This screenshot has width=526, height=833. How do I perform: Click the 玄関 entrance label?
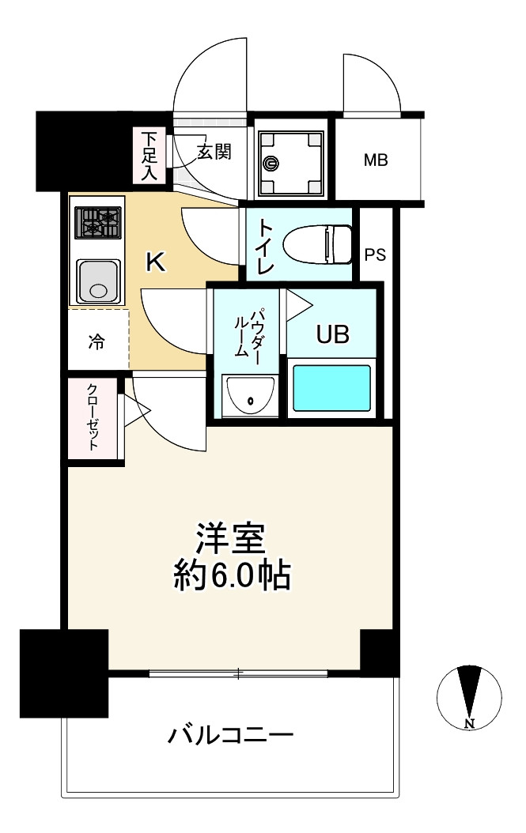click(214, 152)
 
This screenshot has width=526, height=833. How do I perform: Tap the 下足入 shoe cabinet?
click(149, 156)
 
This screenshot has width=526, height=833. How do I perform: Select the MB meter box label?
click(376, 160)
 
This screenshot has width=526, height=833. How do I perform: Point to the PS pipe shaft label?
click(376, 254)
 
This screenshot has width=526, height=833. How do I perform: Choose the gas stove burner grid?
click(99, 222)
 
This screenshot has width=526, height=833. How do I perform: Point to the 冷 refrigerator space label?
click(96, 341)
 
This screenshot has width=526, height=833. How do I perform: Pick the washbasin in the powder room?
click(249, 395)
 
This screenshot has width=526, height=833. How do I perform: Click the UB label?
click(332, 335)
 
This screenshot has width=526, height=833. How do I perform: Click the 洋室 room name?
click(232, 540)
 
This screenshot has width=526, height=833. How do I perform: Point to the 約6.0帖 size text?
click(232, 578)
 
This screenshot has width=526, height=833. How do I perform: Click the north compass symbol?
click(470, 697)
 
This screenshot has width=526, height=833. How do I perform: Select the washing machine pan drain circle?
click(271, 164)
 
